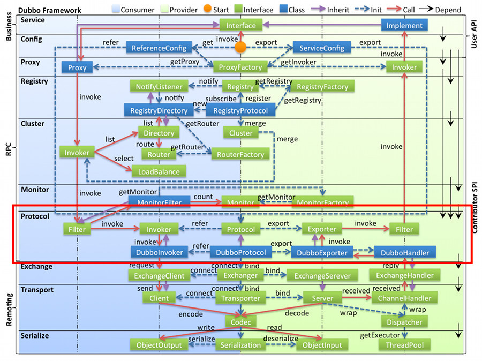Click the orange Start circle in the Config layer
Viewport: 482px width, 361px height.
(240, 48)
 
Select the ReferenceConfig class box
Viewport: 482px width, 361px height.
(159, 48)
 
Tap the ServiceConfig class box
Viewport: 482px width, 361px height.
(321, 48)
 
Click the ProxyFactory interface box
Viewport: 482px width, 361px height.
(240, 67)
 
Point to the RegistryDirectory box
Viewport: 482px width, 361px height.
(159, 110)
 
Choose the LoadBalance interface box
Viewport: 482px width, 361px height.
(159, 171)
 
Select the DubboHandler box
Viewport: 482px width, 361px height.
(405, 252)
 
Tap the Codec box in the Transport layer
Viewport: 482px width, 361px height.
(240, 321)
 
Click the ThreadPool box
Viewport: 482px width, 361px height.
(404, 345)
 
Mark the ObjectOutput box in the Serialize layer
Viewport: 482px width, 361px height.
(159, 345)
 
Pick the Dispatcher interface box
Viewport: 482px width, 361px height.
(405, 322)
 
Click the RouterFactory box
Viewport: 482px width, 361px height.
(240, 154)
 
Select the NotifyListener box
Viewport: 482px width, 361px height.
(159, 87)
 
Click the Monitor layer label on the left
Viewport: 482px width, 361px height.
(35, 190)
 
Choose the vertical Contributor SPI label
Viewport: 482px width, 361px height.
(475, 206)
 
